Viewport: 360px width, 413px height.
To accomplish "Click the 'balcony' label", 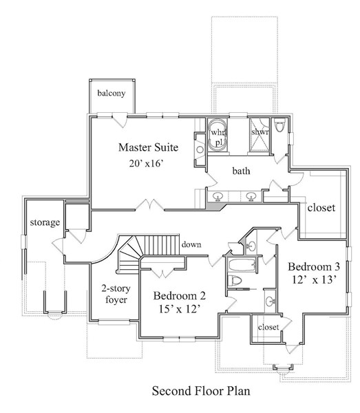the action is [112, 93].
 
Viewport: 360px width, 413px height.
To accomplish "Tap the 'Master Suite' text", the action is [148, 147].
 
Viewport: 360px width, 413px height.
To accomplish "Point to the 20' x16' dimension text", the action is [147, 164].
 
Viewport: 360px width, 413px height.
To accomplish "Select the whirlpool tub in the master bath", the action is [217, 136].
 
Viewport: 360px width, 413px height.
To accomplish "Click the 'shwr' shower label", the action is [260, 131].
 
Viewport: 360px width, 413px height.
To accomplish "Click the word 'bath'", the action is [241, 171].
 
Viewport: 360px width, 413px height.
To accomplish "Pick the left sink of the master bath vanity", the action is [218, 196].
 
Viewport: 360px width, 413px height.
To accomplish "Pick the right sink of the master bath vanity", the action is [251, 196].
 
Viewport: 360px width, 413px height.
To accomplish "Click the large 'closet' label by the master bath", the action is [321, 208].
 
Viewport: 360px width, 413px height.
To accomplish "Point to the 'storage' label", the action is [45, 222].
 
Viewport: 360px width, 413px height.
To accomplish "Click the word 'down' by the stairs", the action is [191, 244].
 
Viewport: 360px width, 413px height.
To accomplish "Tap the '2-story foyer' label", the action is [116, 294].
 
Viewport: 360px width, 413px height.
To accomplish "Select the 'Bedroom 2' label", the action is [180, 296].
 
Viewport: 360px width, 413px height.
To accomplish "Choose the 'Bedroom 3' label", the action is [314, 266].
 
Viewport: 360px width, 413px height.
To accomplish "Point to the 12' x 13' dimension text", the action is [315, 279].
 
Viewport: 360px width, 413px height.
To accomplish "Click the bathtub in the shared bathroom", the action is [242, 265].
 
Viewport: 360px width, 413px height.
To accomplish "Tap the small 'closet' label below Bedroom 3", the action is [268, 327].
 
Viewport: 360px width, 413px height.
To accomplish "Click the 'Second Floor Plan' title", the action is [201, 390].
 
